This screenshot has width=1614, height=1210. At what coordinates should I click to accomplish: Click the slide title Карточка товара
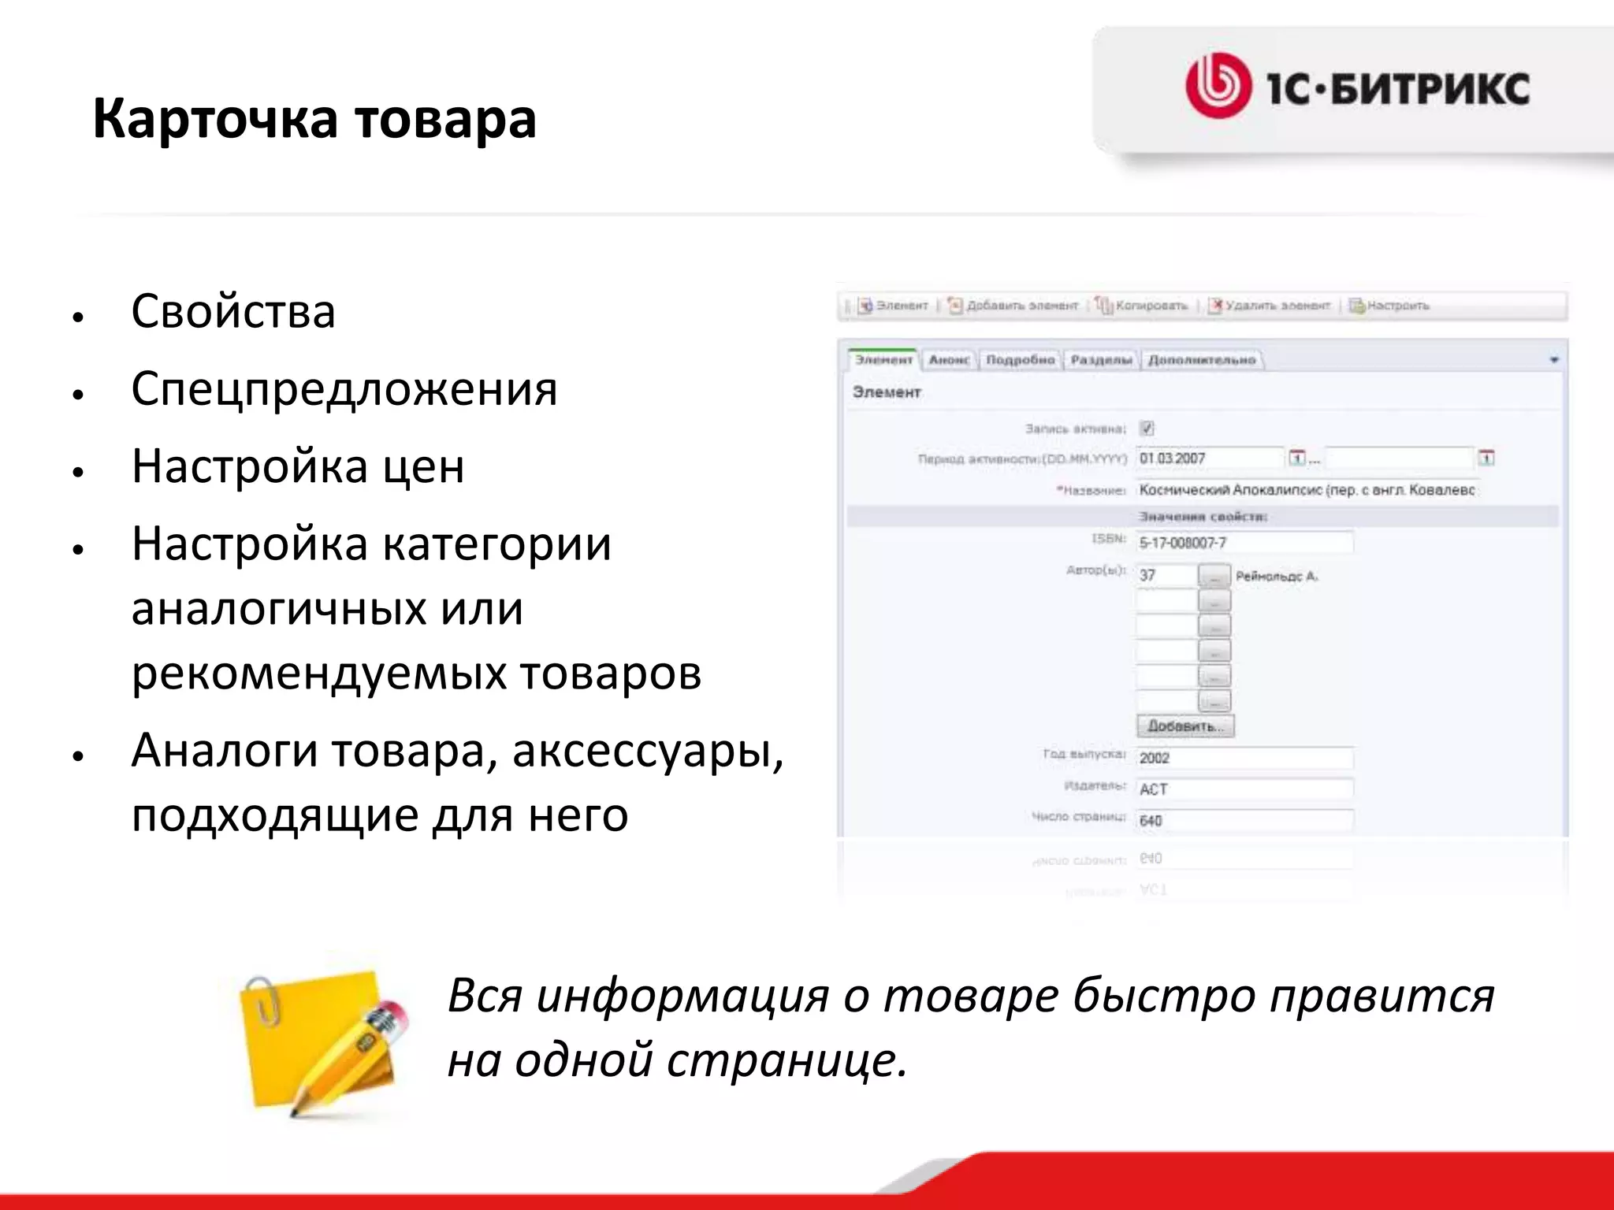coord(314,120)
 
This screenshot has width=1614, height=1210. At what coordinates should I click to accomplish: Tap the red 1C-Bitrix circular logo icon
coord(1218,86)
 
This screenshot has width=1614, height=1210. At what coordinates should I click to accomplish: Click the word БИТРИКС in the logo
coord(1430,88)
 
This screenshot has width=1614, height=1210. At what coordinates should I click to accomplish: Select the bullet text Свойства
coord(233,311)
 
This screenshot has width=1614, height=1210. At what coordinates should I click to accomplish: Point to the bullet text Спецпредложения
coord(344,388)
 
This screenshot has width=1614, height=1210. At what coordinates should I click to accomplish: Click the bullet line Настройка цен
coord(298,466)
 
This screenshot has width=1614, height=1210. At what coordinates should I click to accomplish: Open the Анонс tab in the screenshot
coord(949,360)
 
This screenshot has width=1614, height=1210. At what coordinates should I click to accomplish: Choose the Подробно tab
coord(1021,360)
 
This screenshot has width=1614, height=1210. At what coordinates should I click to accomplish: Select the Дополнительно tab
coord(1202,360)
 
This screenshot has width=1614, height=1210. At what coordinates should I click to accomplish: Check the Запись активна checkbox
coord(1147,429)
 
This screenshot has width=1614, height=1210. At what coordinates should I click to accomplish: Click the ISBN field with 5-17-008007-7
coord(1244,543)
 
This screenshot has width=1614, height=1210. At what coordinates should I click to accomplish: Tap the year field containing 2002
coord(1244,758)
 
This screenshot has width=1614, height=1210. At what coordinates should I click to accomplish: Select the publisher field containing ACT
coord(1244,789)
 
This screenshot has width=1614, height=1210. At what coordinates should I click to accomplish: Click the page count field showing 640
coord(1244,821)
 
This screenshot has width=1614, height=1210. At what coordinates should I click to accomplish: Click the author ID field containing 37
coord(1166,576)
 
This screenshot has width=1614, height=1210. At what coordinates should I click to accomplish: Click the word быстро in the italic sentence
coord(1165,996)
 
